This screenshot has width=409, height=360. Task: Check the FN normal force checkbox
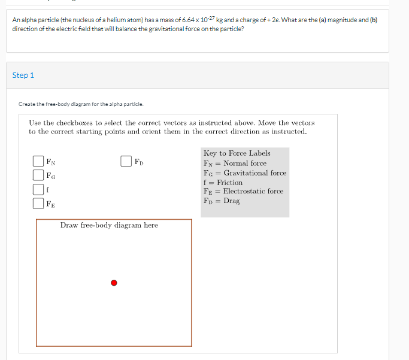click(38, 161)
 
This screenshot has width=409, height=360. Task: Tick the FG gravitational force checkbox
click(38, 176)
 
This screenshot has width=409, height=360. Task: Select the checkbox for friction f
click(38, 189)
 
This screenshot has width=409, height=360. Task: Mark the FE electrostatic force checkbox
click(38, 204)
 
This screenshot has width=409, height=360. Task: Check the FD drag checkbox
click(126, 161)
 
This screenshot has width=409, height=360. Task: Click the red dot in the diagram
click(114, 283)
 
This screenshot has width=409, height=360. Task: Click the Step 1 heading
click(23, 75)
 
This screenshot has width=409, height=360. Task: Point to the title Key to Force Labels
click(237, 153)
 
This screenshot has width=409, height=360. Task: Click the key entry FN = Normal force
click(235, 163)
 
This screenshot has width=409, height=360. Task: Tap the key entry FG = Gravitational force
click(245, 173)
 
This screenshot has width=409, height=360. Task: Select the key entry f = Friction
click(223, 182)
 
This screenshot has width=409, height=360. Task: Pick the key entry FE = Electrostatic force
click(243, 191)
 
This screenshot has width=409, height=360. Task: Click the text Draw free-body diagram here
click(109, 225)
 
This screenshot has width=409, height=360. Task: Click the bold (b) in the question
click(374, 20)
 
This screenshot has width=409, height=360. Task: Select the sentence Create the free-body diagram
click(81, 104)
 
